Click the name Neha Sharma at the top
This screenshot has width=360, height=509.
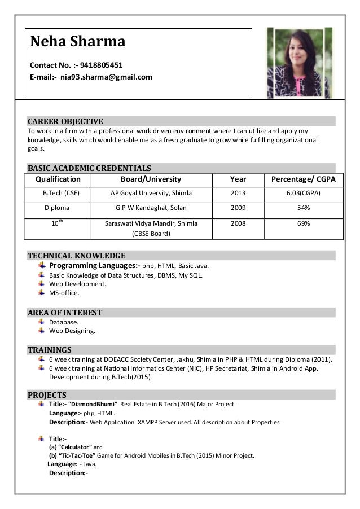pyautogui.click(x=77, y=42)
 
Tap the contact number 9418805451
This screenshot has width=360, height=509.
pyautogui.click(x=102, y=65)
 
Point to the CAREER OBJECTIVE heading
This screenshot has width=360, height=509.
pyautogui.click(x=65, y=121)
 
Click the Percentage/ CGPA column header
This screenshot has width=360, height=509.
pyautogui.click(x=304, y=179)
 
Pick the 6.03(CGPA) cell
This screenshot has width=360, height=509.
pyautogui.click(x=304, y=194)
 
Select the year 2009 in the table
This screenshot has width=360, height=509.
pyautogui.click(x=238, y=208)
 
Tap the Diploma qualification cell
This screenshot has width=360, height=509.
pyautogui.click(x=57, y=208)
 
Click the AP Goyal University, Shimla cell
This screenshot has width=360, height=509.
pyautogui.click(x=151, y=194)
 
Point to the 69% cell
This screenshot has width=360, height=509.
pyautogui.click(x=304, y=223)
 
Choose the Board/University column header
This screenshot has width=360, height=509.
pyautogui.click(x=151, y=179)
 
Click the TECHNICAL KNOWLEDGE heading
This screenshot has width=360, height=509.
pyautogui.click(x=77, y=256)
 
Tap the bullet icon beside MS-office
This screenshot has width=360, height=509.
pyautogui.click(x=42, y=293)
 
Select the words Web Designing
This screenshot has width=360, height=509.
pyautogui.click(x=72, y=331)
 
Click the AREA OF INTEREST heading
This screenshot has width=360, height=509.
pyautogui.click(x=65, y=313)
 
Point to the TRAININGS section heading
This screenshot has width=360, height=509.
pyautogui.click(x=50, y=350)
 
